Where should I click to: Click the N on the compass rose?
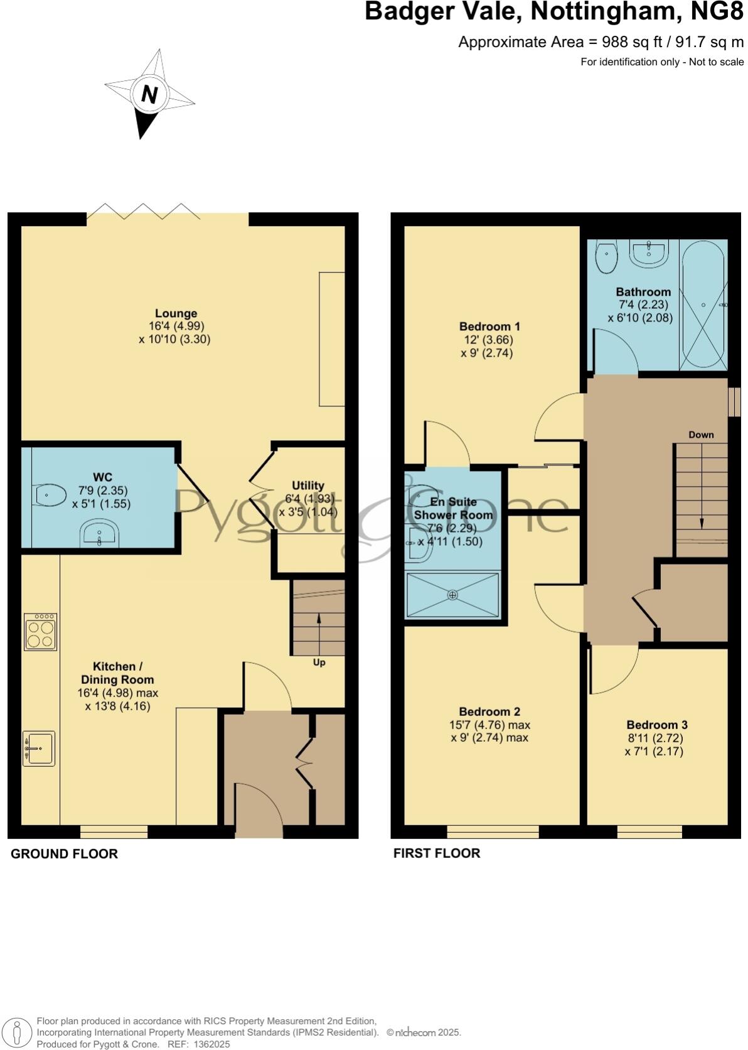point(149,95)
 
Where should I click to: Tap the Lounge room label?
point(176,313)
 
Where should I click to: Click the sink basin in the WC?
point(99,534)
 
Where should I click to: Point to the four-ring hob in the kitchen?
point(41,632)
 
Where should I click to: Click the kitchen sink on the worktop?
point(39,748)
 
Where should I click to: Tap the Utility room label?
point(308,485)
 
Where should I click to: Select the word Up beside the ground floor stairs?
point(319,663)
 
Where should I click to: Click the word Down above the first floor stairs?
point(701,435)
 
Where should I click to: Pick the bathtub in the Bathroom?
point(703,305)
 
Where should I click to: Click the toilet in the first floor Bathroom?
point(606,257)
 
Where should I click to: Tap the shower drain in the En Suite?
point(453,594)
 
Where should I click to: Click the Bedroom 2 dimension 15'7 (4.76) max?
point(489,725)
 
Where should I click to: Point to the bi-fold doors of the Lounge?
point(144,212)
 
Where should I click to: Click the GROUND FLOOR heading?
point(64,854)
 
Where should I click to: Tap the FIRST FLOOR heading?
point(437,853)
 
